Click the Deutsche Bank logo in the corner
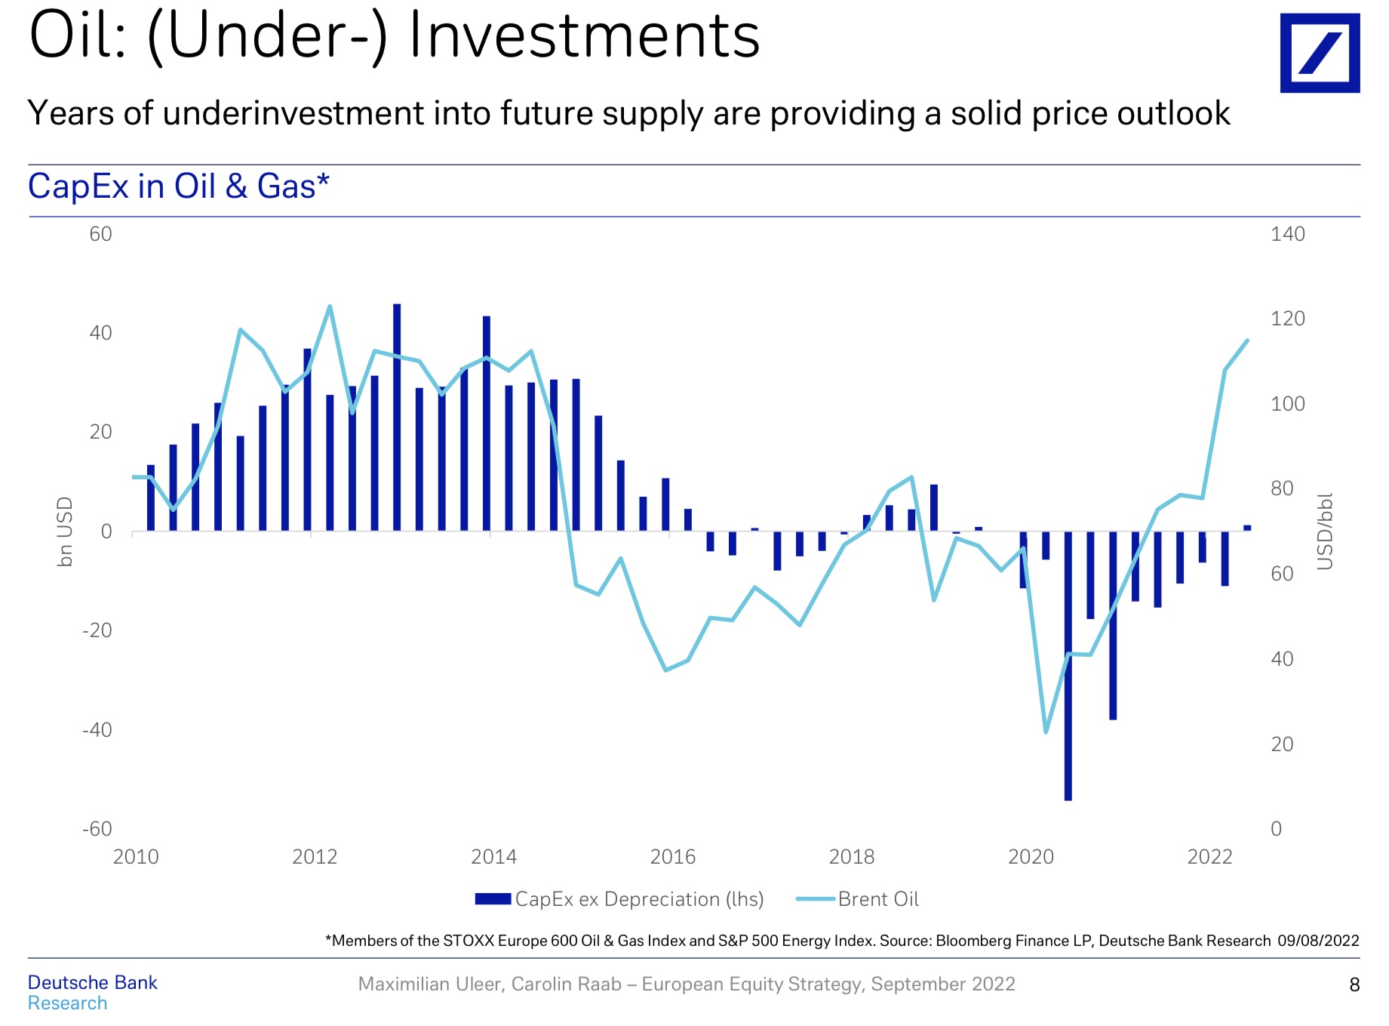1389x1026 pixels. point(1319,53)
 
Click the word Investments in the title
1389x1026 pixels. point(584,36)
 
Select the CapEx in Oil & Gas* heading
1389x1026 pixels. point(178,186)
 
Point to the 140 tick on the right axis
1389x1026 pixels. point(1287,234)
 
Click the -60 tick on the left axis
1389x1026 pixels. point(97,829)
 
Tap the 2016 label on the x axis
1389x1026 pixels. point(672,857)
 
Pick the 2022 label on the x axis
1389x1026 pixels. point(1209,857)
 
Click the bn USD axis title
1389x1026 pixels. point(66,531)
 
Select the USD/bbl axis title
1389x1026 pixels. point(1325,531)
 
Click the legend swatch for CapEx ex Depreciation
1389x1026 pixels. point(493,899)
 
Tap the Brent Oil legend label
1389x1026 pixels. point(878,899)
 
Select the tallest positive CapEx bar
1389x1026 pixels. point(397,305)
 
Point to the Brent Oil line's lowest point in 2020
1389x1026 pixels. point(1046,732)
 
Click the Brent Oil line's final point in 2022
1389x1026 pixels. point(1247,340)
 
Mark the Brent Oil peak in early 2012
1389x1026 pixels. point(330,307)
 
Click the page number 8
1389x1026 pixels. point(1354,984)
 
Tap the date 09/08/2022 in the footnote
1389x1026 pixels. point(1318,941)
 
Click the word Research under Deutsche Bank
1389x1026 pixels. point(67,1003)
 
